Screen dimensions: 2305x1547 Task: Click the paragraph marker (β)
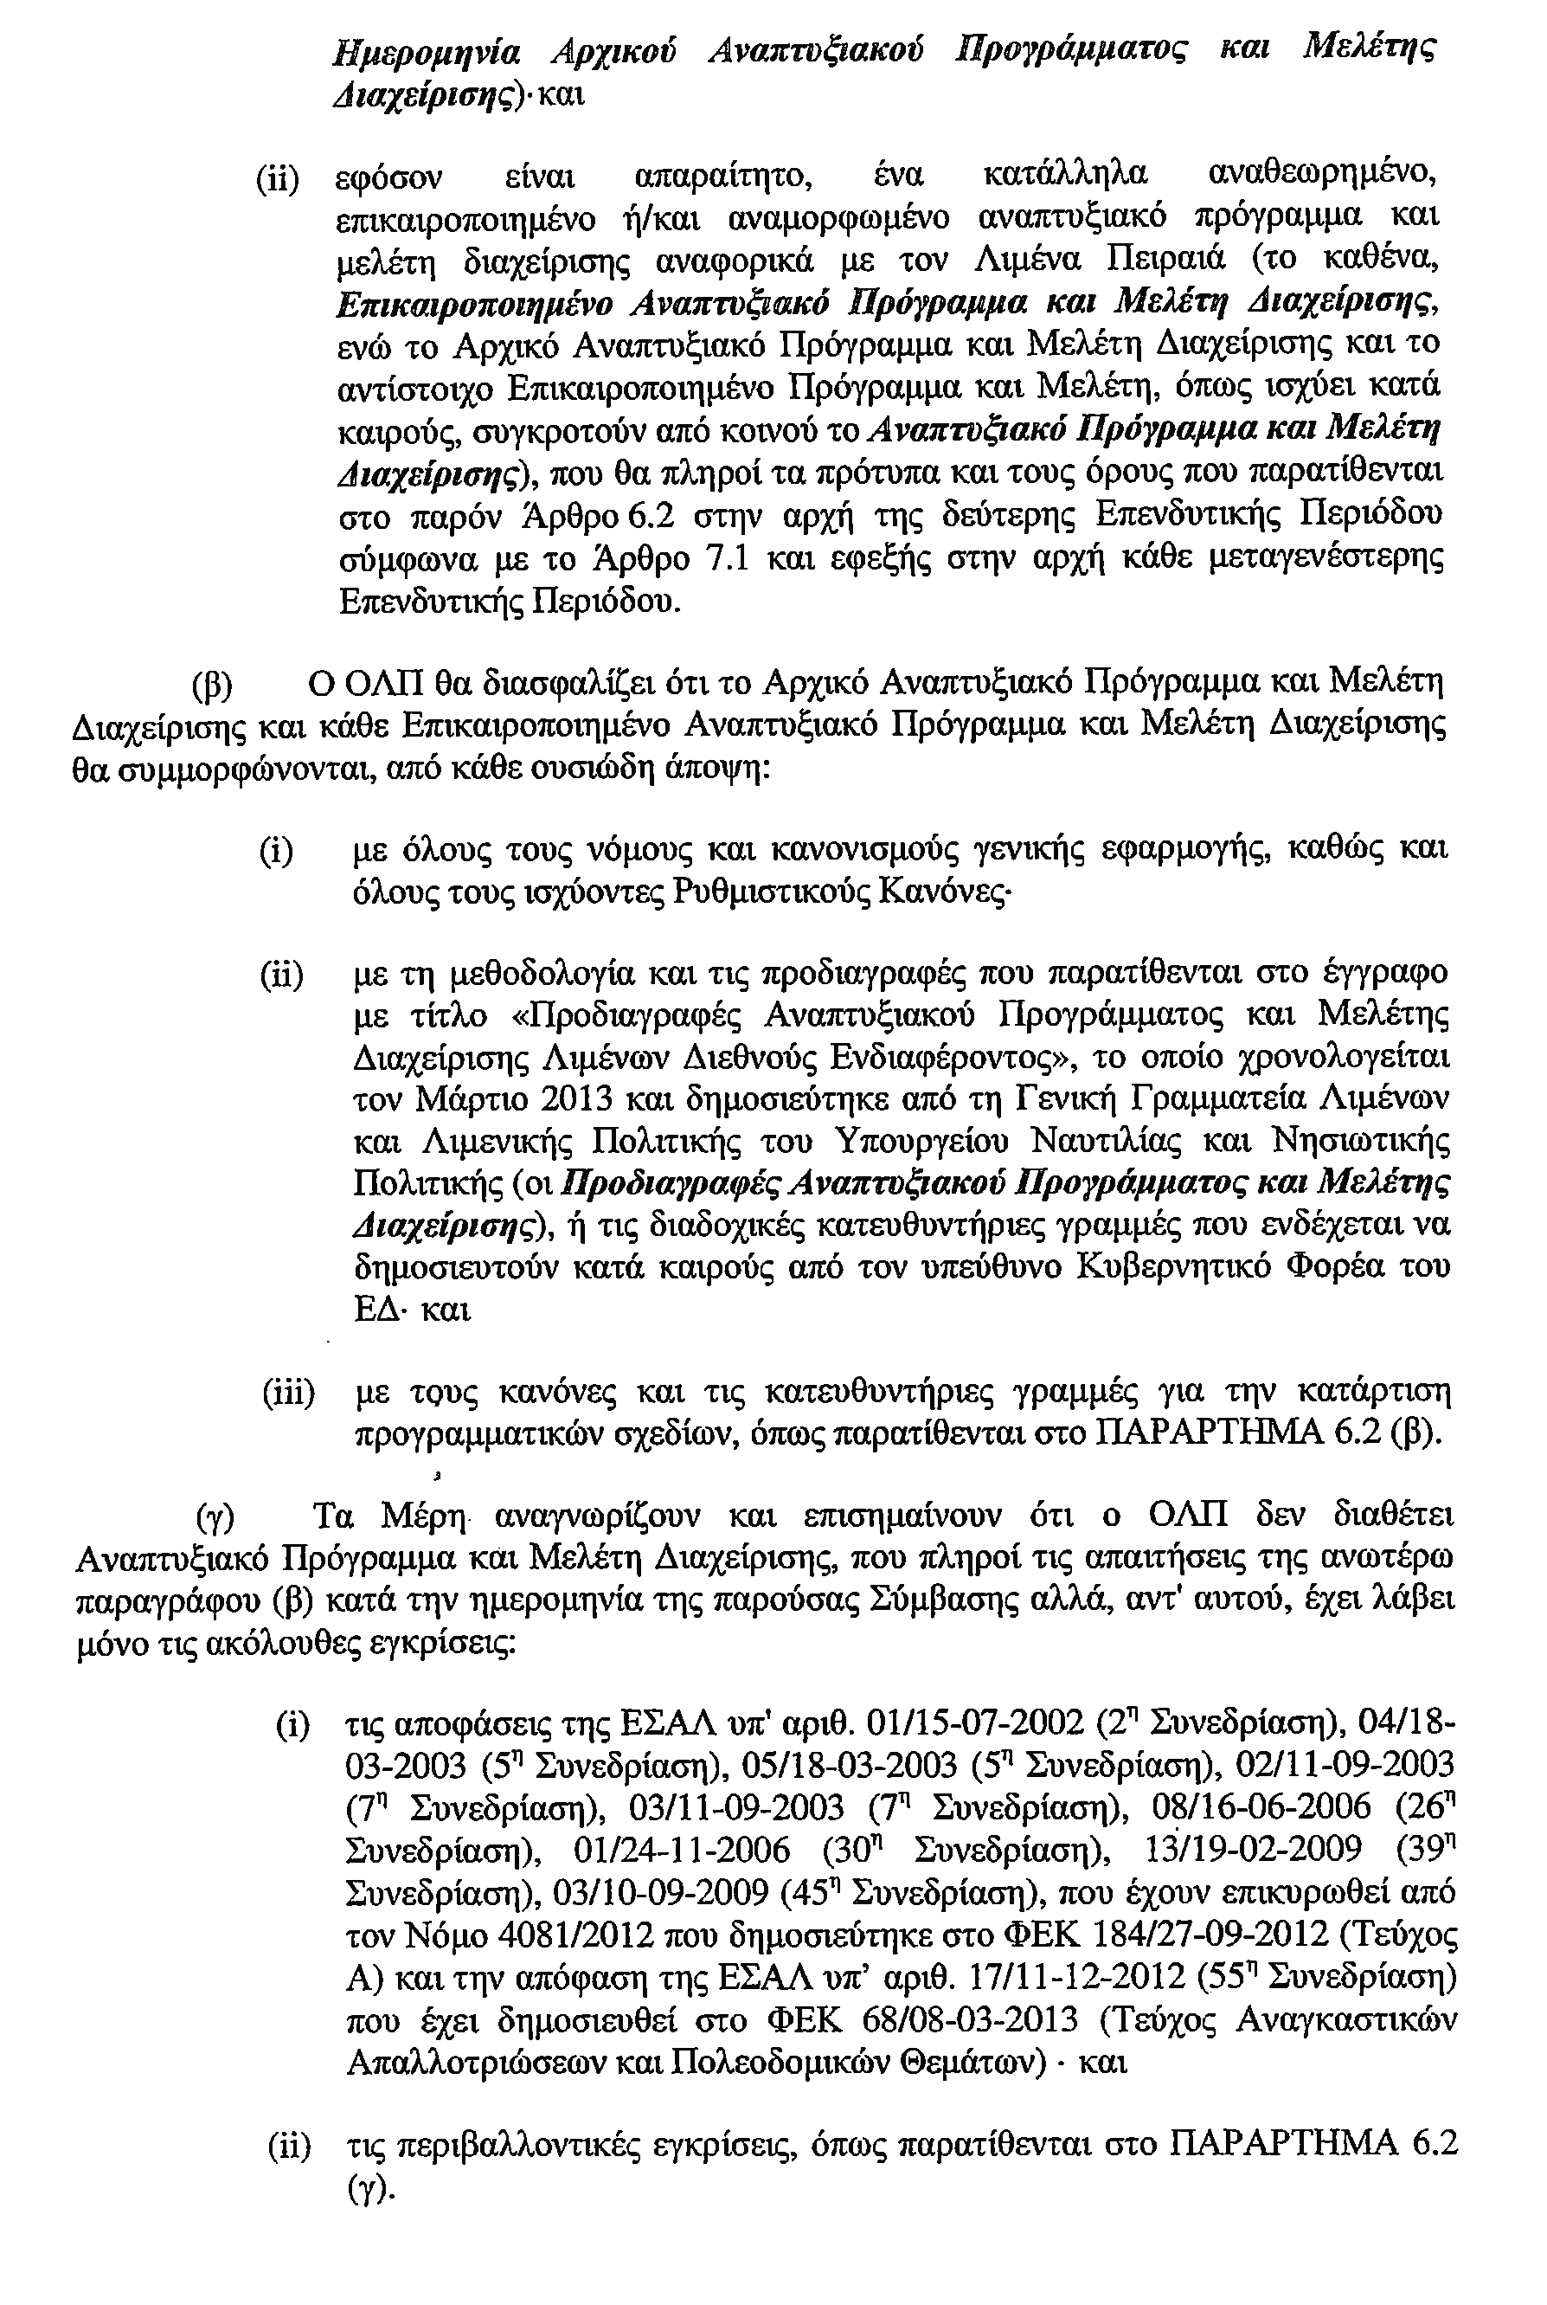[x=211, y=684]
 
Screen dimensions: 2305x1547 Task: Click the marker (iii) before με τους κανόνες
[x=287, y=1394]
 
